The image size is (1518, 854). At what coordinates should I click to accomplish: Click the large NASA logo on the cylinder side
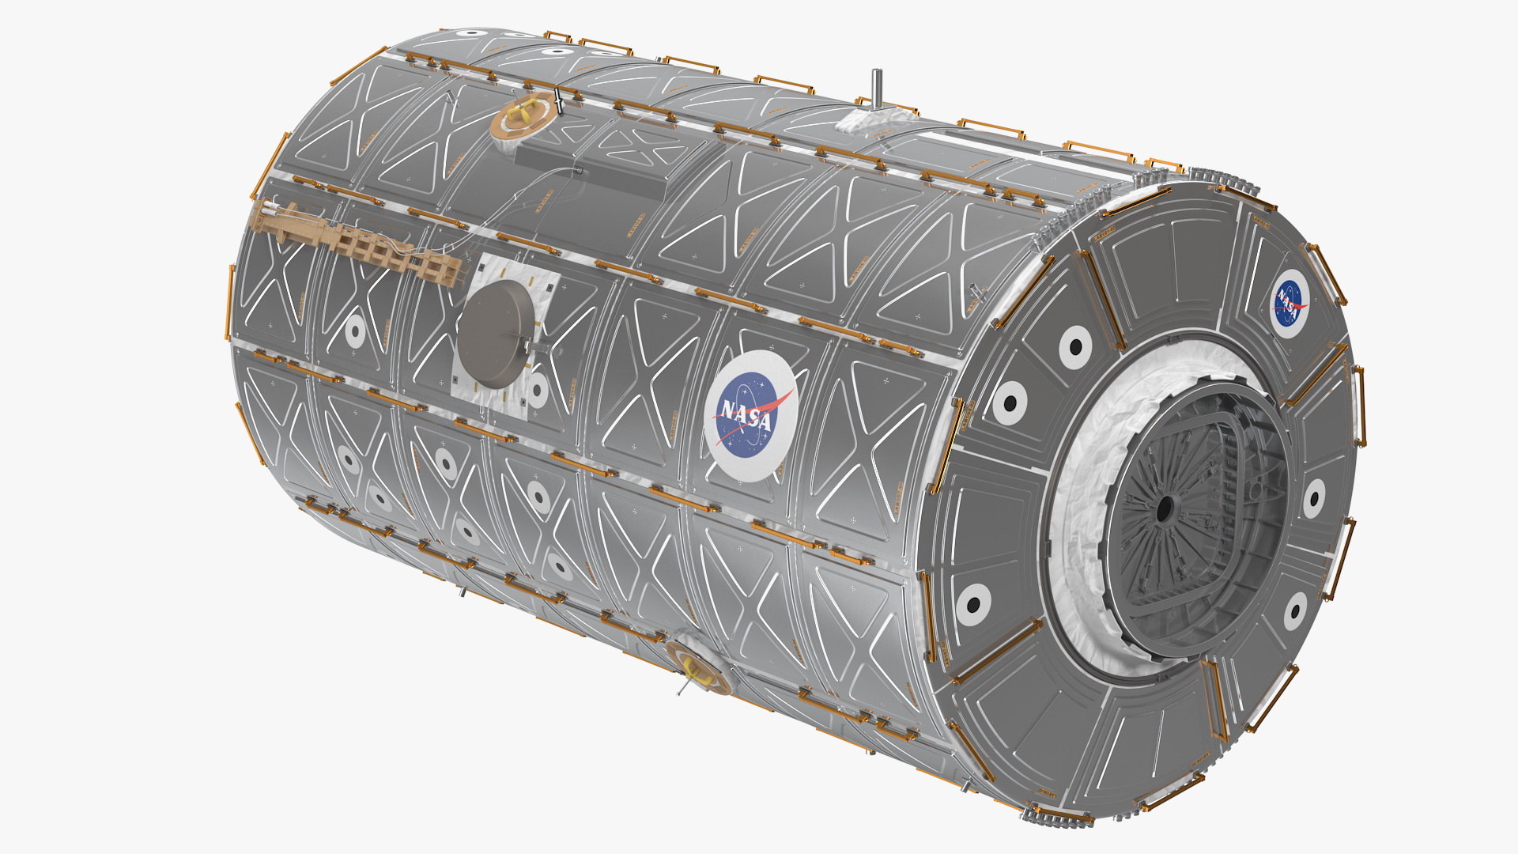click(750, 416)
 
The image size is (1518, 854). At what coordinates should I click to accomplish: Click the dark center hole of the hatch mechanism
click(1164, 511)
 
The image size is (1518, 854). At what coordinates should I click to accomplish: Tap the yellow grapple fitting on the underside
click(696, 668)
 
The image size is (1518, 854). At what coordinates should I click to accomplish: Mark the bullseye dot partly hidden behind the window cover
click(538, 390)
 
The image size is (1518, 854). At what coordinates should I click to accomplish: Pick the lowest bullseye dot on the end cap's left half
click(972, 605)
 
